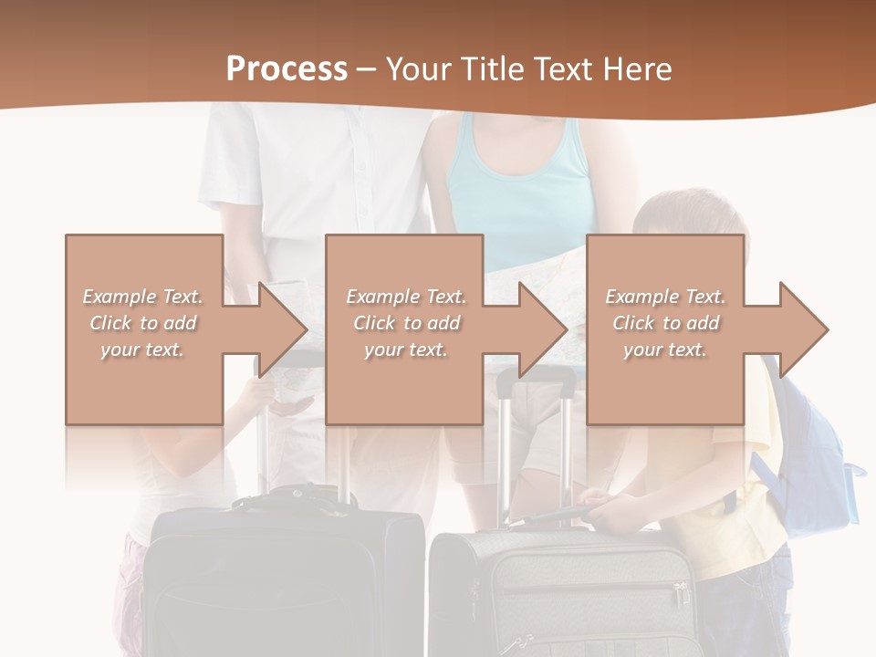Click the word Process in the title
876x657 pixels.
click(x=287, y=69)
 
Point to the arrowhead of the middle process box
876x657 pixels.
click(x=542, y=329)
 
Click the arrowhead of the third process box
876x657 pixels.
click(x=803, y=329)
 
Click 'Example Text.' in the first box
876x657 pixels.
click(x=143, y=297)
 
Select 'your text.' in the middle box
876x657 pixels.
click(x=405, y=349)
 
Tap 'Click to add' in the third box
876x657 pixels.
click(x=666, y=323)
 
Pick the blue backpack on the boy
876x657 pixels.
click(x=817, y=456)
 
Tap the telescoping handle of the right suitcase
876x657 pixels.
click(x=537, y=438)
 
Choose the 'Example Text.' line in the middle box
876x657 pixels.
click(x=405, y=297)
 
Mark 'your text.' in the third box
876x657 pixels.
click(x=664, y=349)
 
